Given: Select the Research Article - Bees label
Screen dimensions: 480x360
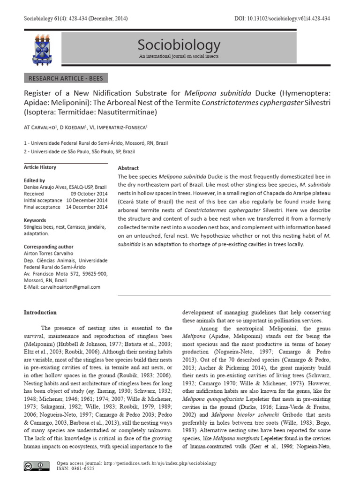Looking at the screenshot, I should tap(66, 78).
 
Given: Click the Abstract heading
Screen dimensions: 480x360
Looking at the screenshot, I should tap(128, 168).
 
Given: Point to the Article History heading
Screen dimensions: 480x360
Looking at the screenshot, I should tap(40, 167).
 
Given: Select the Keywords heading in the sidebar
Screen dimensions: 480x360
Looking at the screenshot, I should tap(35, 220).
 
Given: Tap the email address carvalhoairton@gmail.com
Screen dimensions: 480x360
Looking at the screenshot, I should tap(62, 287).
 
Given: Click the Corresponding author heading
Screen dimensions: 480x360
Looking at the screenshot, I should tap(48, 246).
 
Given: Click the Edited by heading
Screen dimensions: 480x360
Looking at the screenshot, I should tap(34, 180).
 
